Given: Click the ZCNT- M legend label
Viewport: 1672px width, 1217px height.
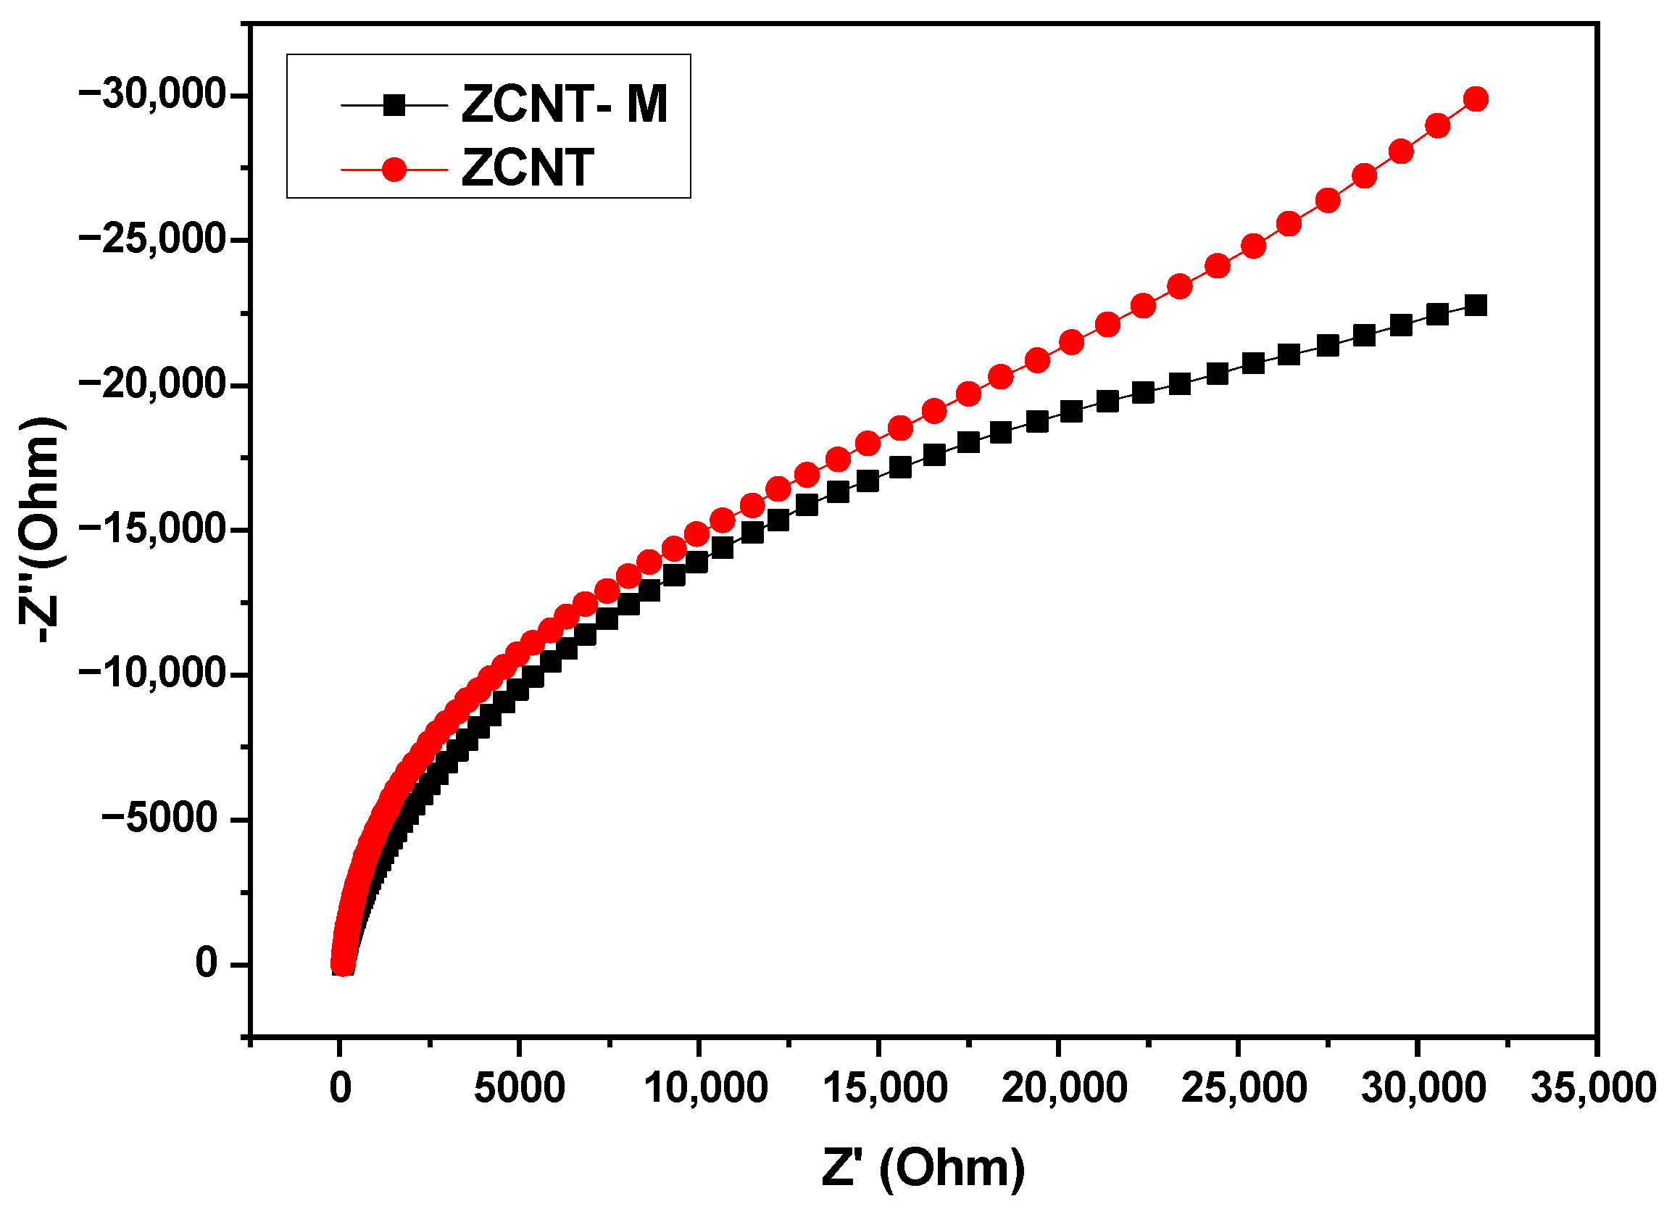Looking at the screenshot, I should (564, 104).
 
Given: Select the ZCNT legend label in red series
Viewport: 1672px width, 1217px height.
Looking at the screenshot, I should (527, 168).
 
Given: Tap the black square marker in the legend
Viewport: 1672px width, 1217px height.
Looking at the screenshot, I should (394, 105).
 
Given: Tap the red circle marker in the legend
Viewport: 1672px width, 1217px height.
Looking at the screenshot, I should (394, 170).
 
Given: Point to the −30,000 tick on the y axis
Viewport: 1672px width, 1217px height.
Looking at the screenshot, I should (151, 95).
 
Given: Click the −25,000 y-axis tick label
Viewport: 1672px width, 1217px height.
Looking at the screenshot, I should (151, 240).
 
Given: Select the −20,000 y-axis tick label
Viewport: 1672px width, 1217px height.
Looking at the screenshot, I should (151, 385).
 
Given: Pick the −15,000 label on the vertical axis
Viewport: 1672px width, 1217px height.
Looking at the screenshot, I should (151, 529).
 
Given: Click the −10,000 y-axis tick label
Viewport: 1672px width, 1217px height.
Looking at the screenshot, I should (151, 674).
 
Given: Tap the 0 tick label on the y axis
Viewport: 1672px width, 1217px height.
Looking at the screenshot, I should (207, 963).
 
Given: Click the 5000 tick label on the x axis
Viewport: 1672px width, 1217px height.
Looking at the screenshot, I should (519, 1088).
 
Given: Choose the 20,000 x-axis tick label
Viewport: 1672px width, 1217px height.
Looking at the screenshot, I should (1065, 1088).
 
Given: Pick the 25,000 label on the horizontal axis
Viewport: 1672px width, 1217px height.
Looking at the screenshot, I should (1244, 1088).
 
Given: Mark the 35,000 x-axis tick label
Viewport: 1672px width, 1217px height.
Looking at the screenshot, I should (1594, 1088).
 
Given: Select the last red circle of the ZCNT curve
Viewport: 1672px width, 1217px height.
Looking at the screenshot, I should (1476, 99).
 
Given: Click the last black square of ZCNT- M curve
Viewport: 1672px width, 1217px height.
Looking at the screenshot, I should (1475, 305).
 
